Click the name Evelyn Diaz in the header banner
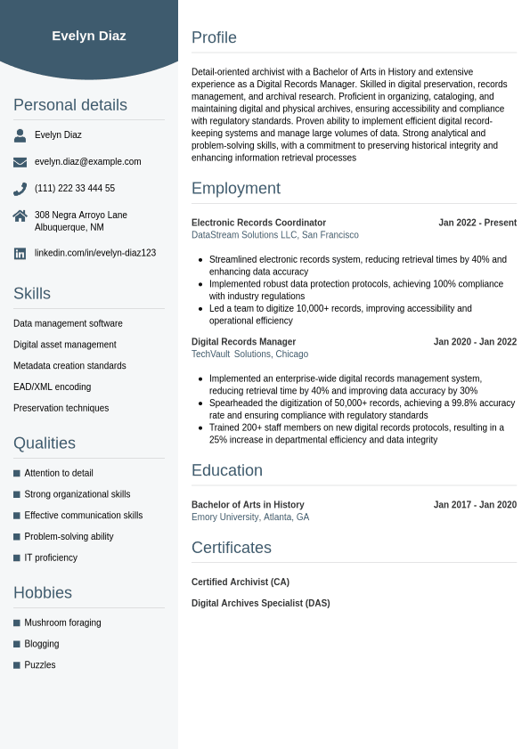click(x=89, y=36)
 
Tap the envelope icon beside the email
click(x=20, y=162)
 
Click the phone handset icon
click(x=20, y=189)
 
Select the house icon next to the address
click(x=20, y=216)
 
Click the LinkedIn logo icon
click(x=20, y=254)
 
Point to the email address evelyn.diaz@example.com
click(x=87, y=162)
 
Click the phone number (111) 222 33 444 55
click(x=75, y=189)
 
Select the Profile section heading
click(x=214, y=37)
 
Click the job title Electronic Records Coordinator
click(x=258, y=223)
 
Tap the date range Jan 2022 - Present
click(x=477, y=223)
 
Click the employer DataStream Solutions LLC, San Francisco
click(x=275, y=235)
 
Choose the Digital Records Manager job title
click(x=243, y=342)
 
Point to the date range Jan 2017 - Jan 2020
click(x=475, y=505)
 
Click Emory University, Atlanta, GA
click(x=250, y=517)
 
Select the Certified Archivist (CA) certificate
click(x=241, y=582)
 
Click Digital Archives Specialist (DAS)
click(x=260, y=604)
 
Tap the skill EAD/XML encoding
click(x=52, y=387)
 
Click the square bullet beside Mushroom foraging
click(x=17, y=623)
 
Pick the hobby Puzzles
click(x=40, y=665)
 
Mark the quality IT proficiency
click(x=51, y=558)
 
